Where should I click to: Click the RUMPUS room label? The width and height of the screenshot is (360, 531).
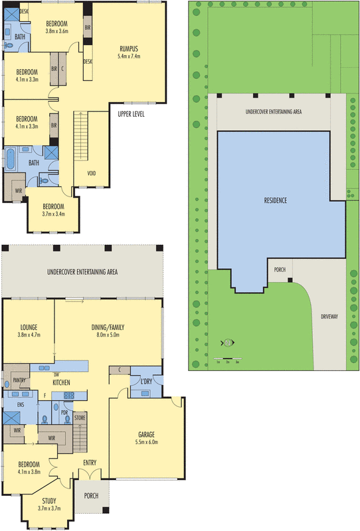tap(130, 48)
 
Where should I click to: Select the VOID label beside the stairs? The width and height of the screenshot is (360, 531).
tap(92, 174)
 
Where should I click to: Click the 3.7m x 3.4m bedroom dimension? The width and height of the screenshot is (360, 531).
tap(54, 214)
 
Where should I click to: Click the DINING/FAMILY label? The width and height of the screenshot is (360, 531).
tap(108, 327)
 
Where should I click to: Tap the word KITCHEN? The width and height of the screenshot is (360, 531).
tap(62, 383)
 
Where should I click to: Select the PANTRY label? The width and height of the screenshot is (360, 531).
tap(13, 381)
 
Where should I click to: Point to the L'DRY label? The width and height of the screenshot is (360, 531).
tap(145, 381)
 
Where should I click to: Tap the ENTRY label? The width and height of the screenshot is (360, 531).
tap(90, 462)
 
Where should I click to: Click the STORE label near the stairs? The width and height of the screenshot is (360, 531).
tap(80, 417)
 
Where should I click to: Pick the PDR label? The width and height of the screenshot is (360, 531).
tap(65, 412)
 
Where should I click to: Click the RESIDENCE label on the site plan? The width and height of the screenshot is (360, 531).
tap(274, 200)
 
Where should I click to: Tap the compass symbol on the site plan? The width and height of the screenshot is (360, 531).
tap(228, 343)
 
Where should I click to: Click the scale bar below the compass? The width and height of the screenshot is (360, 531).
tap(228, 359)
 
